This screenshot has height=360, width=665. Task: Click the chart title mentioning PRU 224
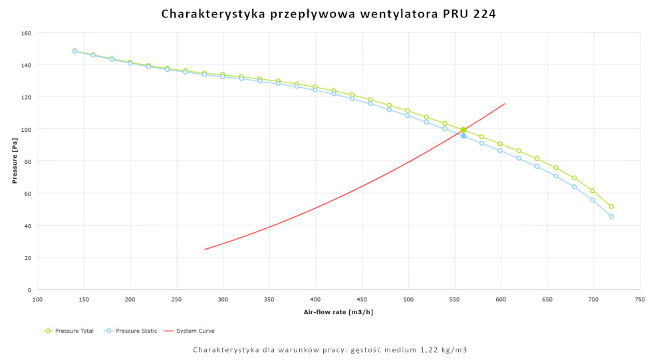(329, 13)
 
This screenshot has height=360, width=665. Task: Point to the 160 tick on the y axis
(26, 33)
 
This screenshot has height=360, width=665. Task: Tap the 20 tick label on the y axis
(28, 258)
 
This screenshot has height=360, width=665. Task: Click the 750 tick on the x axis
(640, 300)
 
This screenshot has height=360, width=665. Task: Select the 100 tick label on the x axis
(38, 300)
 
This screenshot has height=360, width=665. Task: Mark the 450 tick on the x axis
(362, 300)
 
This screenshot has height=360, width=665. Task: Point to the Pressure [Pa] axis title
(14, 161)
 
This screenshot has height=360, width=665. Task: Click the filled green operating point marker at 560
(464, 130)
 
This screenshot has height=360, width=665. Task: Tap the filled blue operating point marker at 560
(464, 136)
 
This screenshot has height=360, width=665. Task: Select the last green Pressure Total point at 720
(611, 206)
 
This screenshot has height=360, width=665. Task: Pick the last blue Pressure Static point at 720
(611, 216)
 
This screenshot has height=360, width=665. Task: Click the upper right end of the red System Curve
(505, 104)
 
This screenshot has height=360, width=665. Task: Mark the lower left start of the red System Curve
(205, 250)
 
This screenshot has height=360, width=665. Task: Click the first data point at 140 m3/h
(74, 51)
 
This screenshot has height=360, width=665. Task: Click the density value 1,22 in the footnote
(410, 350)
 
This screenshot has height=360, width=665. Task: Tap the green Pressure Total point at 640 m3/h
(537, 158)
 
